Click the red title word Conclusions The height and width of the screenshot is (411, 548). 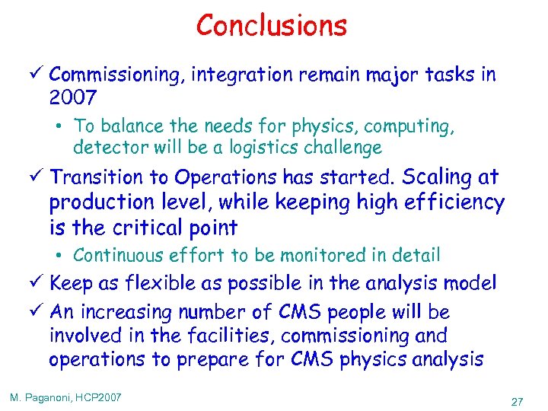pos(272,26)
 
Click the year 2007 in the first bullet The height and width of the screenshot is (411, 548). pos(73,98)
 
